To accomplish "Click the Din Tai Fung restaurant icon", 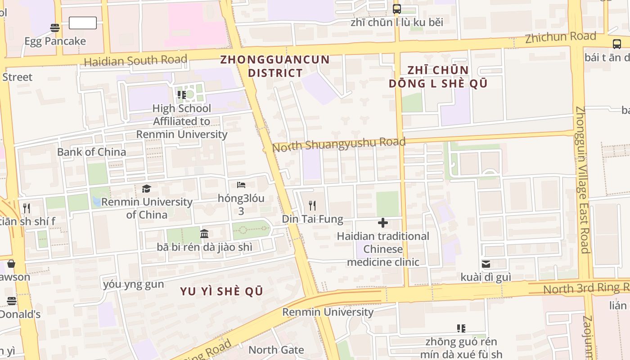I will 312,206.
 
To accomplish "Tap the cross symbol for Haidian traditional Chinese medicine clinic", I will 383,223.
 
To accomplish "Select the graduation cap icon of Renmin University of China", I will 146,189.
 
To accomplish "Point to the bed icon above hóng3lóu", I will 241,185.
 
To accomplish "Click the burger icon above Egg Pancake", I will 55,28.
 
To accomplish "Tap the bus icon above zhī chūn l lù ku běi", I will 397,9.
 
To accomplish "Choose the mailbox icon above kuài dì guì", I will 486,264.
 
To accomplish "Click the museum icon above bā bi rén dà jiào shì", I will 204,234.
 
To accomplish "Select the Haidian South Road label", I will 135,60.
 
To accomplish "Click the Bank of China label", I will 91,152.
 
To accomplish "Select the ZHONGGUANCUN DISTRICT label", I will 275,66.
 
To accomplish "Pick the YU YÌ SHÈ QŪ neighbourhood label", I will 221,291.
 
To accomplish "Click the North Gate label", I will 276,350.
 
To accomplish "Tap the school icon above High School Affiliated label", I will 182,95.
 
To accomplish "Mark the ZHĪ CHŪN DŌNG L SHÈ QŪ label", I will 438,76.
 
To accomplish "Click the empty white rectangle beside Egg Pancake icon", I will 83,23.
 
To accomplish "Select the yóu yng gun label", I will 134,284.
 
